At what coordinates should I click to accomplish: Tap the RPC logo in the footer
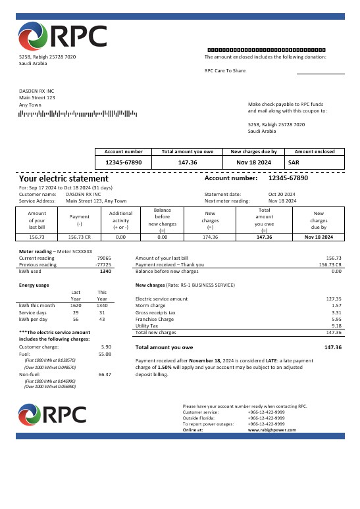[x=53, y=414]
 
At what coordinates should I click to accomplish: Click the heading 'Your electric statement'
[x=63, y=178]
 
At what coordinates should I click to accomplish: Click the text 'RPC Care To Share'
[x=225, y=70]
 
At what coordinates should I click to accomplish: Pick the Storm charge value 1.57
[x=336, y=305]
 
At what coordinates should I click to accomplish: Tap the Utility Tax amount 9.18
[x=336, y=326]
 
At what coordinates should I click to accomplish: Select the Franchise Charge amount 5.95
[x=336, y=319]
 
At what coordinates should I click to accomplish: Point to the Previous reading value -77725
[x=103, y=264]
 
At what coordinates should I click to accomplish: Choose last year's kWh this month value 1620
[x=76, y=305]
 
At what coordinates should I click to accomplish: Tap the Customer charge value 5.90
[x=105, y=347]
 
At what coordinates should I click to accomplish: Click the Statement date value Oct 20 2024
[x=282, y=194]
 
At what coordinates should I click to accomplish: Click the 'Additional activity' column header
[x=120, y=218]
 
